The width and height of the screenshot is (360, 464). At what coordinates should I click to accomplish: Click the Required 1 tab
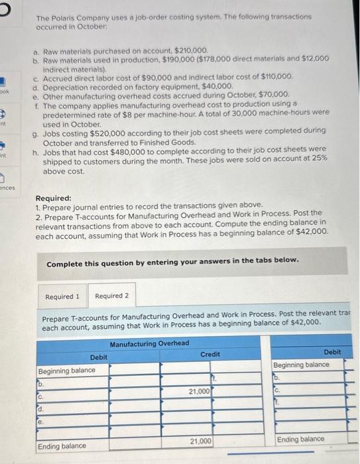(63, 296)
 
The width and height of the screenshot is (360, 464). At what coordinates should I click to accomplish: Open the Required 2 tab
(111, 296)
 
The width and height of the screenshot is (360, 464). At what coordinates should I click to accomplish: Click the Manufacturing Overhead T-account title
(149, 343)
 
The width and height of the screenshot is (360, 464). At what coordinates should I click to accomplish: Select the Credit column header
(210, 355)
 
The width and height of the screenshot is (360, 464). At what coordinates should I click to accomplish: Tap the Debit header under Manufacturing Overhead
(98, 357)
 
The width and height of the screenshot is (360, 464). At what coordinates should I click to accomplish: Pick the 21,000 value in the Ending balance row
(201, 440)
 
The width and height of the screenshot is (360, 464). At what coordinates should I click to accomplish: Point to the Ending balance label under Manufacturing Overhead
(62, 445)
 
